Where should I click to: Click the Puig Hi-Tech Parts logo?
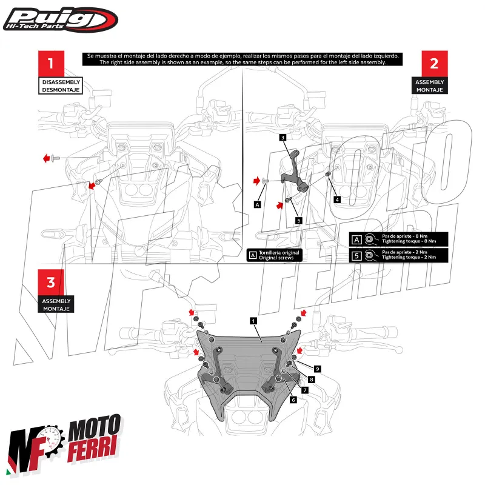click(60, 20)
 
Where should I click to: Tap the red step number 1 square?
click(51, 63)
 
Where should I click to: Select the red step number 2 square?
click(434, 63)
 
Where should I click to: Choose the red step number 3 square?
click(51, 283)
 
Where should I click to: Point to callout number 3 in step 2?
click(283, 138)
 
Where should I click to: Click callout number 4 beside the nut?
click(337, 198)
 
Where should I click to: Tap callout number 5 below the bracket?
click(298, 221)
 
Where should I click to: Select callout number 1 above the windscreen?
click(253, 319)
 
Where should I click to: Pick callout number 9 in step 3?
click(317, 368)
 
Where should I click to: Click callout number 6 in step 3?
click(293, 400)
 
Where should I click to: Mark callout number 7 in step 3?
click(304, 390)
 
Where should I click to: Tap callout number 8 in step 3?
click(311, 379)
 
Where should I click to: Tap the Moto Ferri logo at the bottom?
click(64, 445)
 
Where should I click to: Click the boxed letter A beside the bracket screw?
click(258, 205)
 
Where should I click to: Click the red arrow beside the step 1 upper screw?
click(46, 158)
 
